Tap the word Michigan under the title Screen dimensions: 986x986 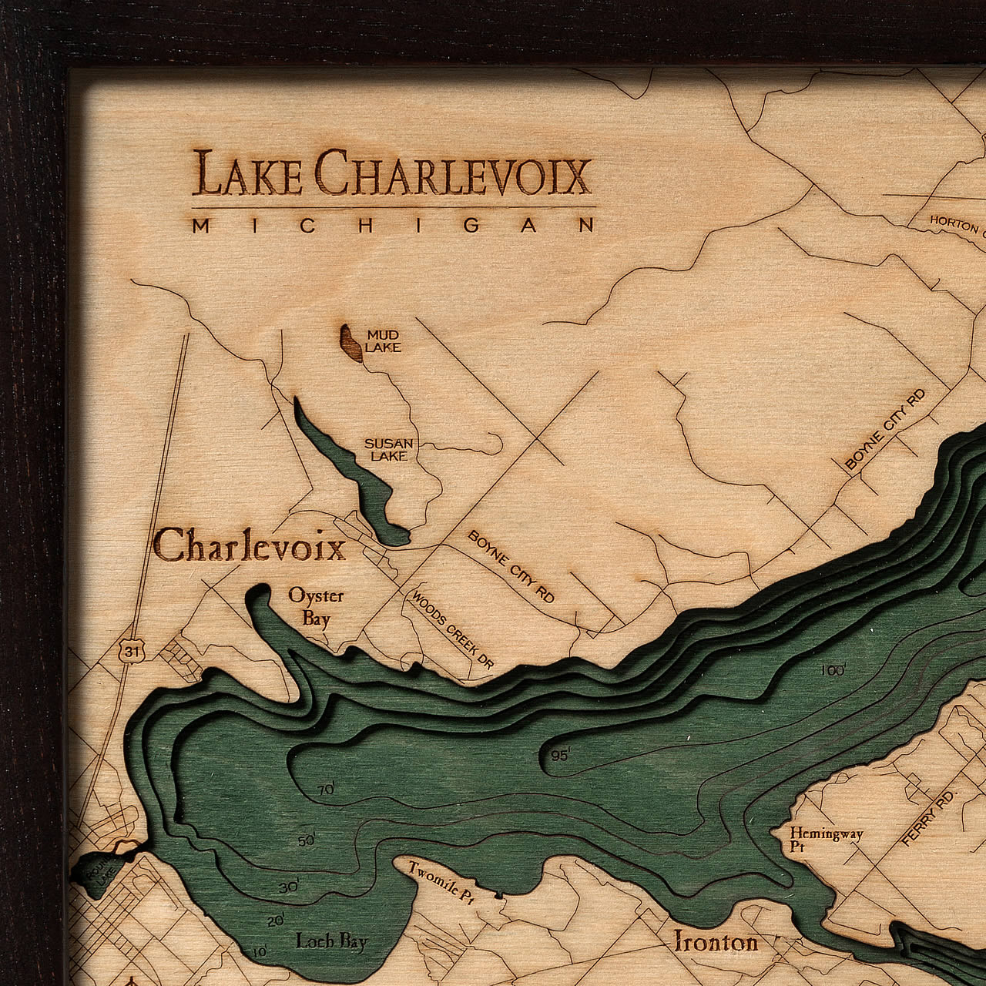point(393,225)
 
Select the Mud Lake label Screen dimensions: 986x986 point(383,341)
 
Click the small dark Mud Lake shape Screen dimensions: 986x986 point(350,343)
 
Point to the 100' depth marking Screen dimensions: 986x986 point(832,670)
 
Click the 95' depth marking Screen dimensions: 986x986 point(560,755)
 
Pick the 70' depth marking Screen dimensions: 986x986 point(326,790)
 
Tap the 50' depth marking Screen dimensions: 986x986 point(307,840)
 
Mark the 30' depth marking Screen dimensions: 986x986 point(288,887)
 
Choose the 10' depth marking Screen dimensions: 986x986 point(260,952)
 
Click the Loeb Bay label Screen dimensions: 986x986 point(332,941)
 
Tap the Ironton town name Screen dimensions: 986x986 point(716,941)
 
